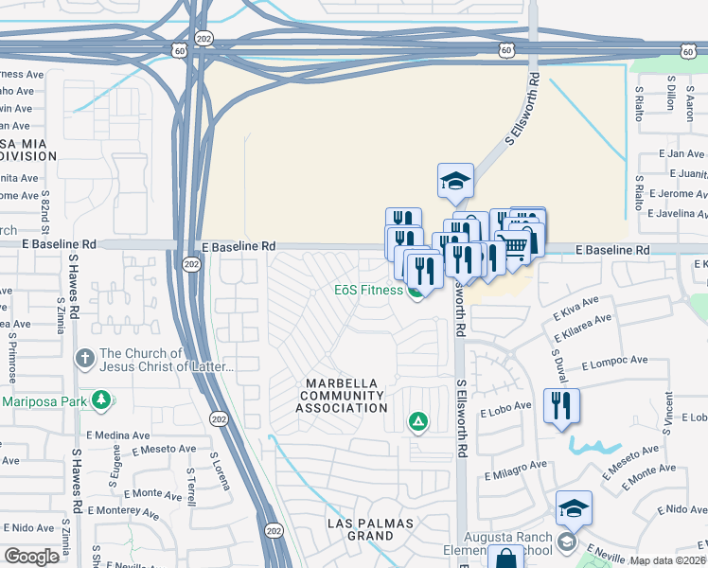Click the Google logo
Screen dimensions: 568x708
[32, 557]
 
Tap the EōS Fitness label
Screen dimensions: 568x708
[368, 290]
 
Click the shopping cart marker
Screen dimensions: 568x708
[513, 246]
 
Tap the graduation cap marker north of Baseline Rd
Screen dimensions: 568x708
[455, 179]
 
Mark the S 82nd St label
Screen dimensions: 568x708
[45, 212]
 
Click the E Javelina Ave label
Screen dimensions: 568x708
[673, 214]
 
